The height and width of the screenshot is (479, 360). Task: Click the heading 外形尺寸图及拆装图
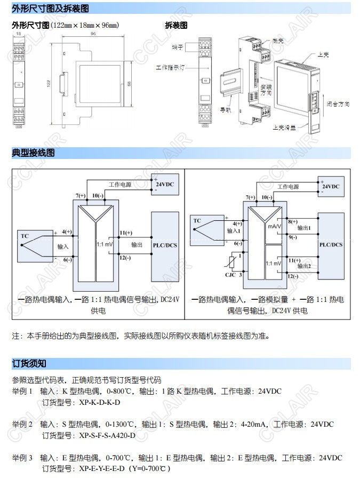50,9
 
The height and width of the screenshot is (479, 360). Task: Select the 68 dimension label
128,83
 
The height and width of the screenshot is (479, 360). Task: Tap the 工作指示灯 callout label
169,68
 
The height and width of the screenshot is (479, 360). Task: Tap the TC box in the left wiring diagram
25,235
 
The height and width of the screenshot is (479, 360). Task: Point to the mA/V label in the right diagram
274,226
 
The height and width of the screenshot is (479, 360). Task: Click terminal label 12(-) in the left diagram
126,258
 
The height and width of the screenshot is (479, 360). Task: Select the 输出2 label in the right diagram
304,265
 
